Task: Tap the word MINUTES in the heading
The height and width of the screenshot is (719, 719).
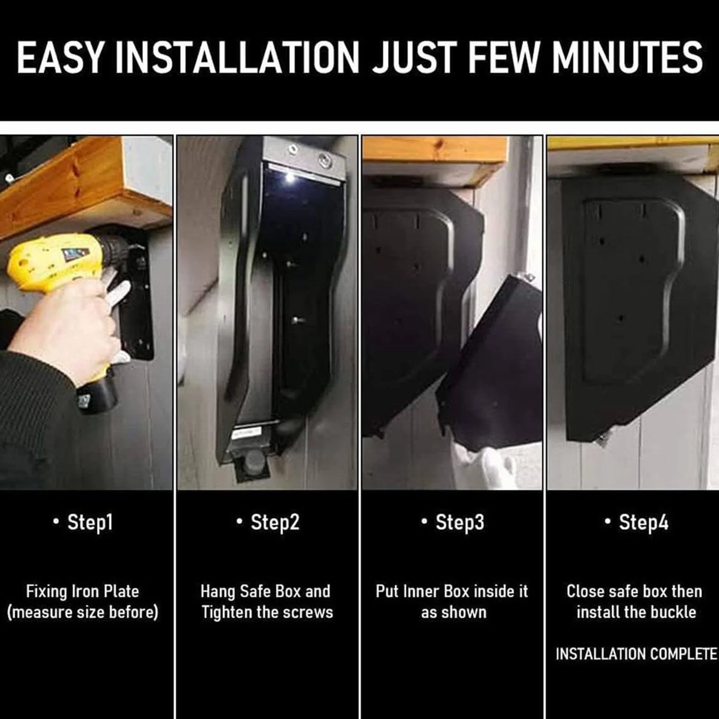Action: [627, 57]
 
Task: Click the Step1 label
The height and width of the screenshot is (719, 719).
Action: [90, 522]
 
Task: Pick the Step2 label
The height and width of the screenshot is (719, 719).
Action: [275, 522]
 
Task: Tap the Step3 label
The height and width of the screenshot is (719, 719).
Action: [460, 522]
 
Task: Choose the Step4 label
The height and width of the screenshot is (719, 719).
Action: [644, 522]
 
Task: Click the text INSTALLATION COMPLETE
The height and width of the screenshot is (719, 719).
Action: [636, 654]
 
